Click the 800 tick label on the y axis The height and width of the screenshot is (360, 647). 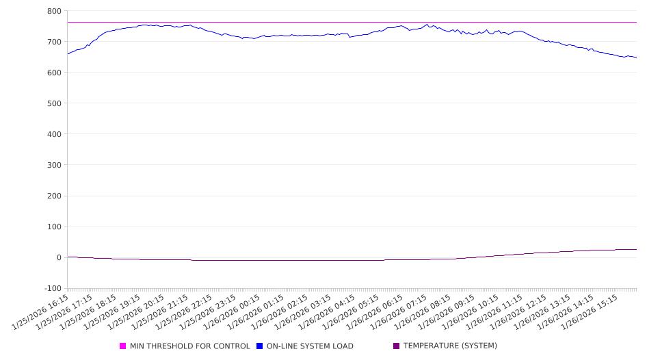click(54, 11)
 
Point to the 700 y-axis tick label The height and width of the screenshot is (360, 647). click(54, 42)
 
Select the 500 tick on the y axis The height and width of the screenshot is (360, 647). click(54, 103)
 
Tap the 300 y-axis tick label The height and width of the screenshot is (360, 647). click(54, 165)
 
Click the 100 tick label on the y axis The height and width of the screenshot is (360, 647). click(54, 227)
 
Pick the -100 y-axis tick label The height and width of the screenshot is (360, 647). click(52, 288)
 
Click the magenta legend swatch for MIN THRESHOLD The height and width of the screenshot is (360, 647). click(123, 346)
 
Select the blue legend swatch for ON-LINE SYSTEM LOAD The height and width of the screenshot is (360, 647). click(260, 346)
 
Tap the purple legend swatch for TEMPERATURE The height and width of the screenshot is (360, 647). click(397, 346)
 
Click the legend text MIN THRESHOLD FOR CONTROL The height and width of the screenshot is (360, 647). click(190, 346)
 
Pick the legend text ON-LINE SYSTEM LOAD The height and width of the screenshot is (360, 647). click(310, 346)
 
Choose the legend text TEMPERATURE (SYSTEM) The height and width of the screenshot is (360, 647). click(450, 346)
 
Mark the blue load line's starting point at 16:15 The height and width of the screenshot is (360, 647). click(68, 53)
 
